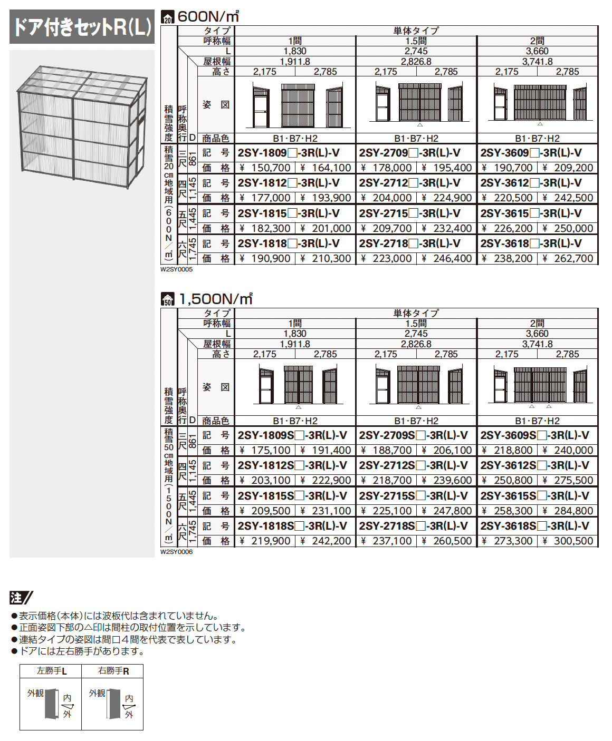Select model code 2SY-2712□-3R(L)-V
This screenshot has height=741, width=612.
point(409,183)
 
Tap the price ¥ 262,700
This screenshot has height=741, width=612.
point(568,259)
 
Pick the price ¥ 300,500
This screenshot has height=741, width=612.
point(568,541)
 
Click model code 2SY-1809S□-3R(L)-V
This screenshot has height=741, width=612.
point(292,435)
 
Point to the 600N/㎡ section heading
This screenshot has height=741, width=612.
point(208,17)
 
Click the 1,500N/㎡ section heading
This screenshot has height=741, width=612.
point(215,299)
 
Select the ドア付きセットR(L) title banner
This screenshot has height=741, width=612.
point(82,27)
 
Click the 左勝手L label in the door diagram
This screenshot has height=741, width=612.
point(51,671)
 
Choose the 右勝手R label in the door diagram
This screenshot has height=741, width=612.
point(113,671)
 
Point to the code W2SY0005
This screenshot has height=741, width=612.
point(177,269)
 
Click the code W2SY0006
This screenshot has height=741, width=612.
point(177,552)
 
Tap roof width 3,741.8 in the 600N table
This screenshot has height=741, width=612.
point(537,62)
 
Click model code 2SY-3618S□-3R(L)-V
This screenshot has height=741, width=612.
point(534,526)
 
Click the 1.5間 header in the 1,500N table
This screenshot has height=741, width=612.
point(416,324)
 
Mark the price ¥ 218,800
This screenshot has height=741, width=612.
point(508,451)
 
